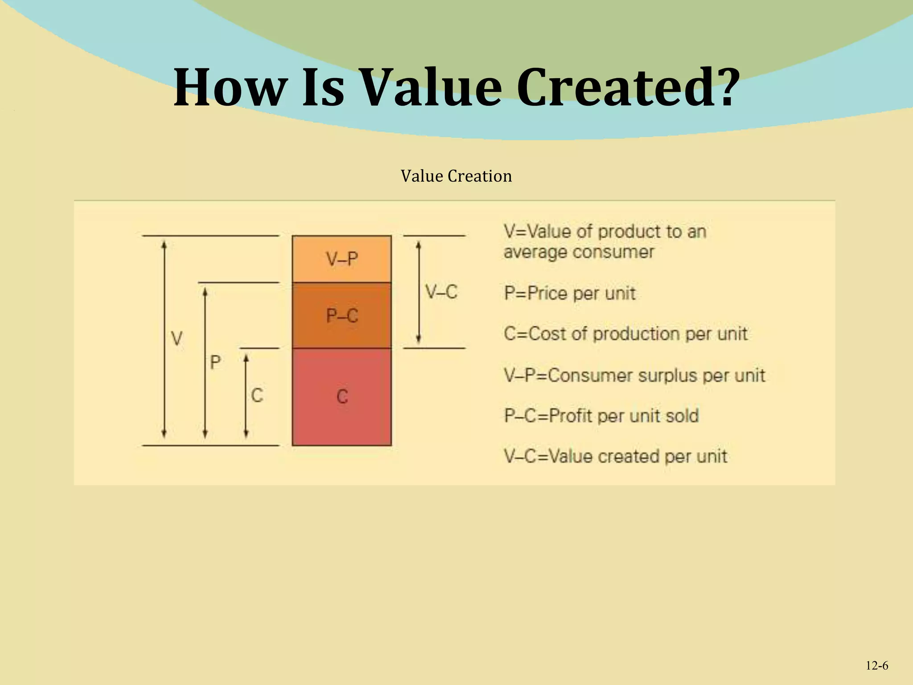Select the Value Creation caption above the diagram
(x=456, y=176)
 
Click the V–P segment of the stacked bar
(x=342, y=259)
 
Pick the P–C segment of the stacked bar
(x=342, y=316)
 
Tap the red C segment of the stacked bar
(x=342, y=396)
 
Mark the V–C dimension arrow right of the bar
(x=418, y=292)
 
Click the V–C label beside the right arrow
(x=441, y=292)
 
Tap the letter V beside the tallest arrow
(x=177, y=339)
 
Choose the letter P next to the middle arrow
(x=215, y=362)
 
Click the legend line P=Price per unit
(x=570, y=293)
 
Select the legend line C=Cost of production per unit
(x=625, y=334)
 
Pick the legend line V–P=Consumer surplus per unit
(x=634, y=376)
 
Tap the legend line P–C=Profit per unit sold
(x=601, y=416)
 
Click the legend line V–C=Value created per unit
(x=616, y=456)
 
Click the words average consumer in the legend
(x=579, y=252)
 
